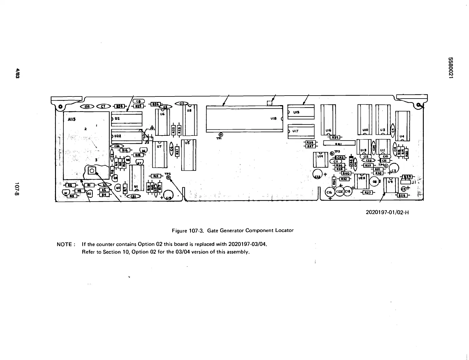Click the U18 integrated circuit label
click(273, 118)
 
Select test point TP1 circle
click(221, 135)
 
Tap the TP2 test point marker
click(168, 178)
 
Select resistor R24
click(120, 106)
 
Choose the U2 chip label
click(117, 118)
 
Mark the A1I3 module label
click(72, 119)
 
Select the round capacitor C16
click(329, 193)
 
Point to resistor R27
click(368, 193)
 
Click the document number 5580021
click(451, 68)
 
